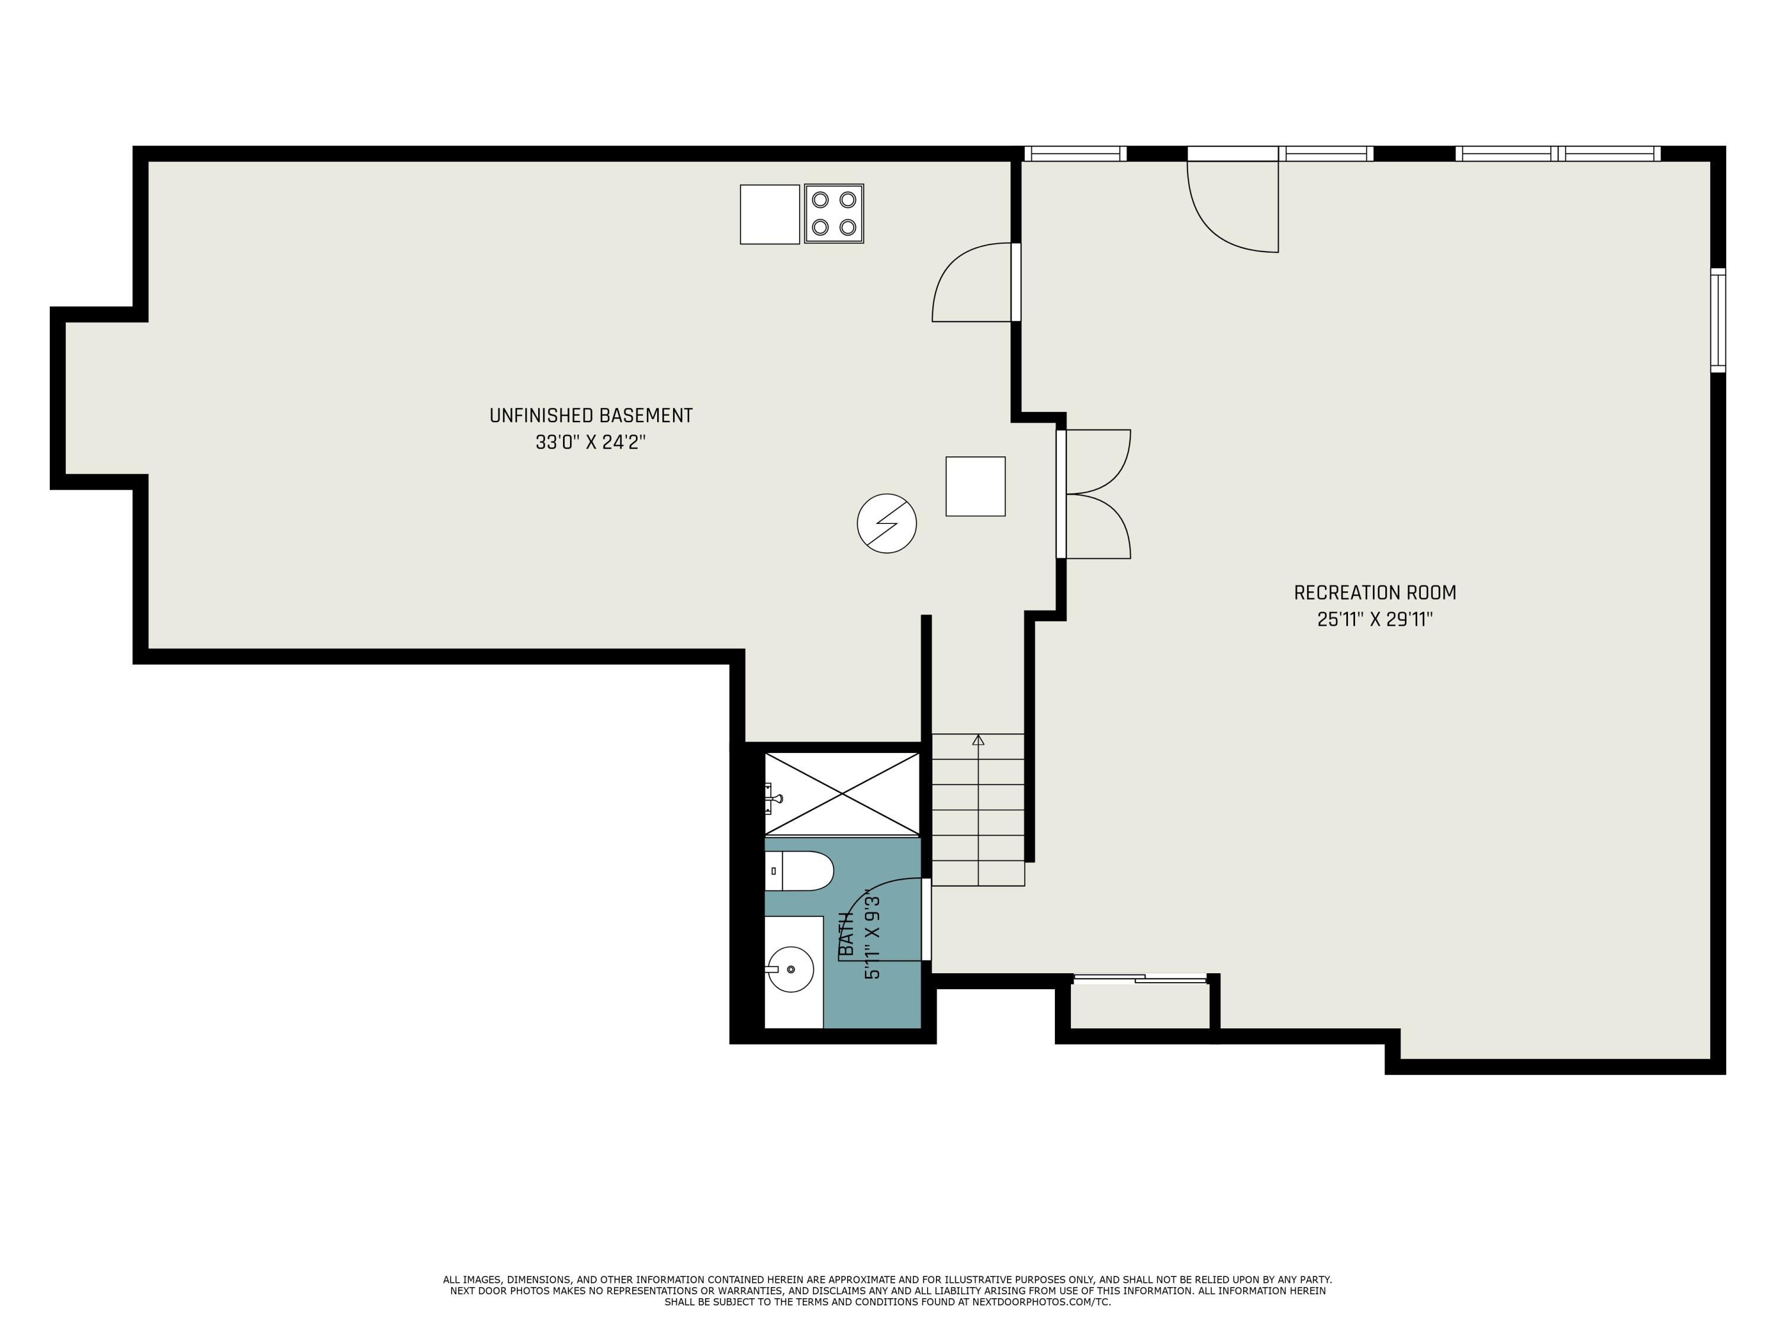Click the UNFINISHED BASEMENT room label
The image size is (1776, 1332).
[590, 415]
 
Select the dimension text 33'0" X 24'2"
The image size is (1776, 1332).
[590, 442]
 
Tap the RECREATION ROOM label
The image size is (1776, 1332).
[1375, 593]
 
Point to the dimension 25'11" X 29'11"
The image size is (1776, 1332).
[1375, 619]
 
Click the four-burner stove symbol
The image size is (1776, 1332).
[834, 214]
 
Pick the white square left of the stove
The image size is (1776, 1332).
[769, 214]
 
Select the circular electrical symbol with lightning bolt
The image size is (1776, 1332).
[886, 523]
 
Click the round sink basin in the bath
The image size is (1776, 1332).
[790, 969]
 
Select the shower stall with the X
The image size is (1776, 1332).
[841, 794]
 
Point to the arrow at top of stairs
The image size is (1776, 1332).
[978, 739]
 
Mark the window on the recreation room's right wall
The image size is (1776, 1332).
[1717, 320]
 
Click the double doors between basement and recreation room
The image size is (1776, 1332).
[1096, 494]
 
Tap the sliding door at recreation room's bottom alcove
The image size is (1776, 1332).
[1140, 978]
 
